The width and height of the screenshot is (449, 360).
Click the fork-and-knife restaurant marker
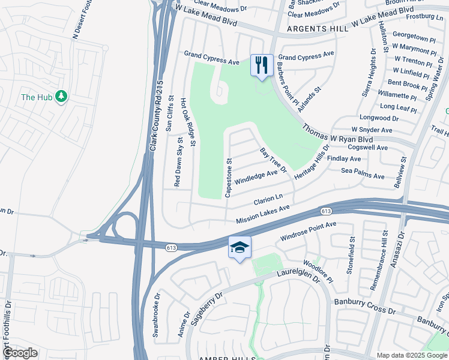pos(262,65)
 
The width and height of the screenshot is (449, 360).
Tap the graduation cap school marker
pos(240,247)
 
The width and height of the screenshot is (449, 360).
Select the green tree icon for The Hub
pos(61,97)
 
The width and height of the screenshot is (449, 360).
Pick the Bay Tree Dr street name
pos(274,161)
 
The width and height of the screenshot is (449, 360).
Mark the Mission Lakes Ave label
pos(263,214)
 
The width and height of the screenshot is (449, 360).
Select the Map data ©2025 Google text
pos(412,355)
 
